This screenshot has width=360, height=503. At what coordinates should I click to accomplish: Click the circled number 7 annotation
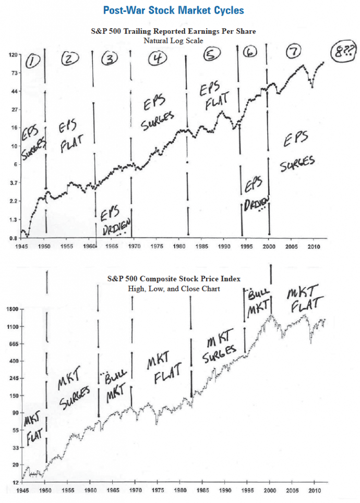(x=295, y=51)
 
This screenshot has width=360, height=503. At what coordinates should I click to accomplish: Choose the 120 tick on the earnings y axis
(x=13, y=55)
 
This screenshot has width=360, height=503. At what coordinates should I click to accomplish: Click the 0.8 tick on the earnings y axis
(x=14, y=238)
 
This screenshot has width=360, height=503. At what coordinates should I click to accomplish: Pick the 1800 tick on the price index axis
(x=11, y=309)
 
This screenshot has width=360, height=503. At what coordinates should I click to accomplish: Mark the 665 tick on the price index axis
(x=13, y=344)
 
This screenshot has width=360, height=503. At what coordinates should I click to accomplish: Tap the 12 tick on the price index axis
(x=15, y=482)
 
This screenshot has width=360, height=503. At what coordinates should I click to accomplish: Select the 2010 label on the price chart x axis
(x=314, y=490)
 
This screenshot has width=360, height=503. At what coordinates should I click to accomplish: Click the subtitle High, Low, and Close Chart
(x=174, y=289)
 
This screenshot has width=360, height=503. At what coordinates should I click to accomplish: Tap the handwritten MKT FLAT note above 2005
(x=304, y=297)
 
